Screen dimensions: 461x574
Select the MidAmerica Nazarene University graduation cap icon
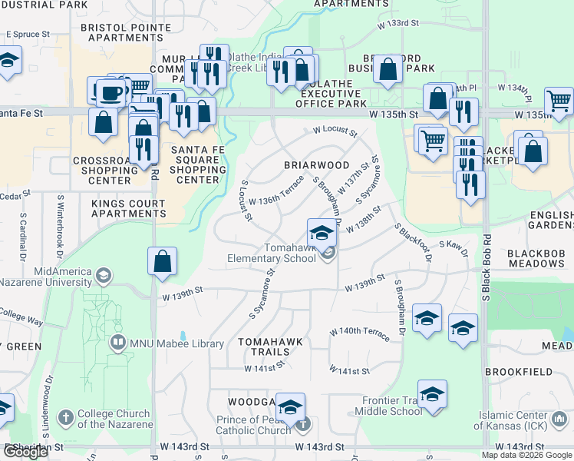103,274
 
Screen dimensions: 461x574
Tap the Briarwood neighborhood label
317,165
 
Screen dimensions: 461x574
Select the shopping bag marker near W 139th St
163,263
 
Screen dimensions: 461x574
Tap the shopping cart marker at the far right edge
559,101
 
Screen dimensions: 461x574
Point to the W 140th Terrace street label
360,330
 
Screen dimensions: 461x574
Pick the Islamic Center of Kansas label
524,420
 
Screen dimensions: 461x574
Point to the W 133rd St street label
398,23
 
